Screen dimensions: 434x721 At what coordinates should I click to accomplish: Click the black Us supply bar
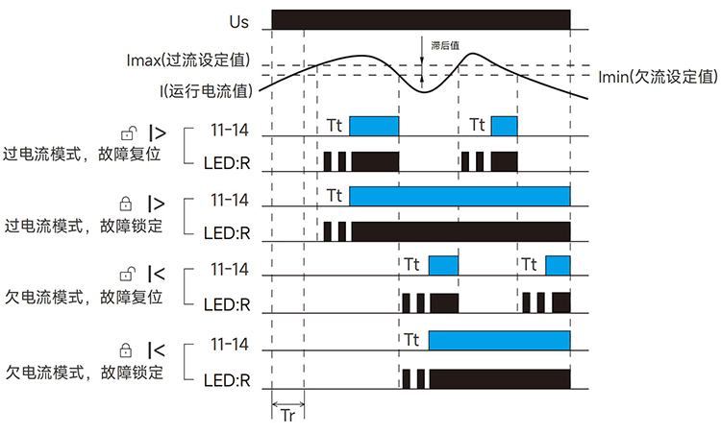pos(421,19)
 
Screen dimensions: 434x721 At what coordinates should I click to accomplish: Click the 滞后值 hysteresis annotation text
pos(445,45)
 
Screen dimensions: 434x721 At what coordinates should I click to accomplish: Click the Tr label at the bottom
pos(287,416)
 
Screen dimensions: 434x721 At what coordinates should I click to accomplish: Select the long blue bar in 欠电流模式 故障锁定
pos(499,341)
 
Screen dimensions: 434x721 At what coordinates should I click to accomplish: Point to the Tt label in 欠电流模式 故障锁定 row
pos(412,340)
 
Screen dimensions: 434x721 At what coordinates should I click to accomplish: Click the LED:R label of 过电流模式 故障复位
pos(227,160)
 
